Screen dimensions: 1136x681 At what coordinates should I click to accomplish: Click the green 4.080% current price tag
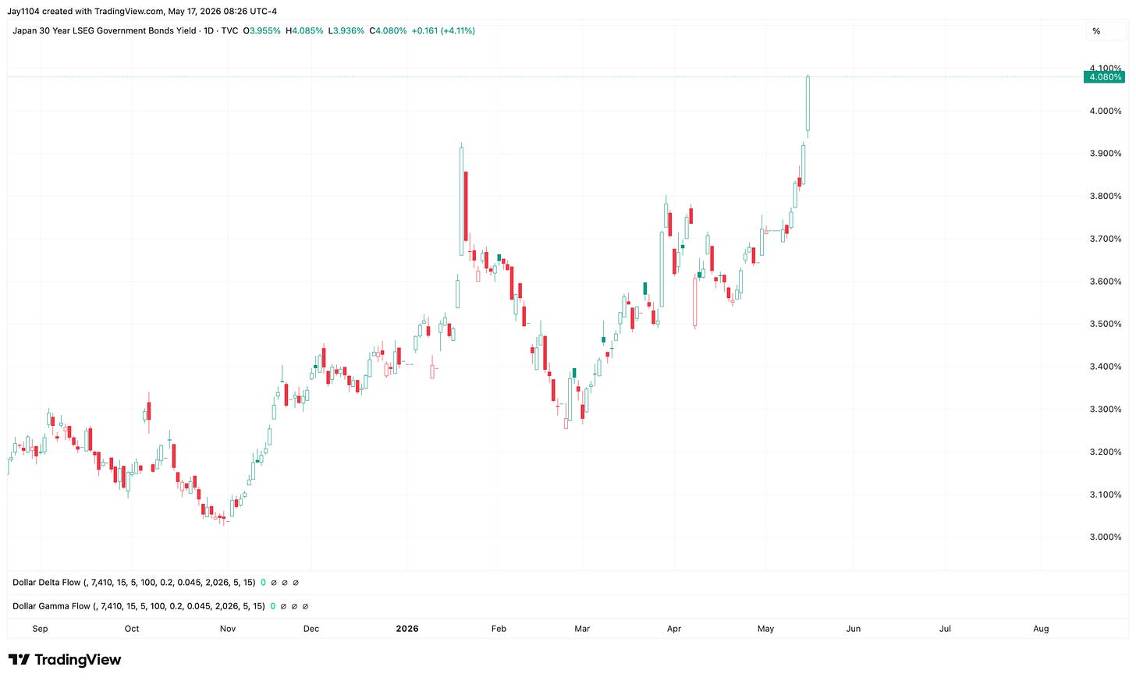pos(1104,77)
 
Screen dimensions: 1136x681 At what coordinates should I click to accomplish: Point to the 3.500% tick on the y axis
pos(1106,324)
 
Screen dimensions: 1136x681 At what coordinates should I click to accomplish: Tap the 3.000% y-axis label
pos(1106,537)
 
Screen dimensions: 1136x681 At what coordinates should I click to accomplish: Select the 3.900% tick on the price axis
pos(1106,153)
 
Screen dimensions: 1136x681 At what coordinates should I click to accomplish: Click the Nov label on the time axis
pos(228,628)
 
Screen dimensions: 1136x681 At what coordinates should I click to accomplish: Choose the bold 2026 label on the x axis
pos(407,628)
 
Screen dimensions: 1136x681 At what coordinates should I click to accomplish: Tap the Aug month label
pos(1041,628)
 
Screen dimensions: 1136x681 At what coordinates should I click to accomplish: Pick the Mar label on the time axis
pos(582,628)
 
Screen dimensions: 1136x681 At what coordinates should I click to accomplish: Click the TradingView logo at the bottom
pos(65,660)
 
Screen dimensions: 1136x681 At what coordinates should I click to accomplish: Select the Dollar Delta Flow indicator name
pos(46,582)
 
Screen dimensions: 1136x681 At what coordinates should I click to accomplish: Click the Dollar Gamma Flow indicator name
pos(51,606)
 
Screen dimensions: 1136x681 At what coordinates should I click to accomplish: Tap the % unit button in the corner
pos(1096,31)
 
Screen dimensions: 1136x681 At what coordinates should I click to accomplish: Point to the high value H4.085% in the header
pos(304,30)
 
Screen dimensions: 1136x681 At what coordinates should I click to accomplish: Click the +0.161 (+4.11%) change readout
pos(443,30)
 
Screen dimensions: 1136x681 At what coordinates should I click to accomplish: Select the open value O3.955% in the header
pos(261,30)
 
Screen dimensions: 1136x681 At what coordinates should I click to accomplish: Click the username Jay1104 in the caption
pos(23,11)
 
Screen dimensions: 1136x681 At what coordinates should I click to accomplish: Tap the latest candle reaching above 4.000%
pos(808,104)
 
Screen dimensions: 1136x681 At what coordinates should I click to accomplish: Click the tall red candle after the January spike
pos(466,207)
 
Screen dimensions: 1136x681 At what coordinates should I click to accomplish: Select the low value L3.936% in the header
pos(346,30)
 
